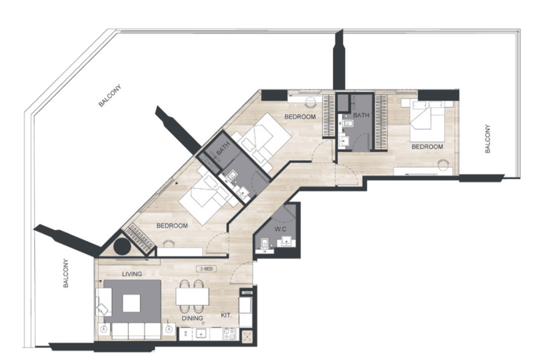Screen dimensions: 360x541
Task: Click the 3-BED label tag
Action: pos(207,269)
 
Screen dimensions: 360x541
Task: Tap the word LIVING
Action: pos(132,274)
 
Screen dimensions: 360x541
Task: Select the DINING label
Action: pos(192,318)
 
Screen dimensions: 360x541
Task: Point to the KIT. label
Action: pos(226,316)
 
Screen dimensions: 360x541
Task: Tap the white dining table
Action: pos(192,296)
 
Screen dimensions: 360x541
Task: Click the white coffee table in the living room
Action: pos(131,303)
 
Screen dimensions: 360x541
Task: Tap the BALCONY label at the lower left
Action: pos(66,273)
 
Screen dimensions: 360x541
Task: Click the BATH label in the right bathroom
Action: pos(361,115)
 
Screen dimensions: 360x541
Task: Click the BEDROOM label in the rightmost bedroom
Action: pos(427,147)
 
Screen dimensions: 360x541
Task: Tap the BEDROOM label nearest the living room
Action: pos(172,226)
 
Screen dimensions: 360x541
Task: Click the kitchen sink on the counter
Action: pos(201,334)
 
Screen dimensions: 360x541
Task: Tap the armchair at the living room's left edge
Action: pos(103,302)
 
